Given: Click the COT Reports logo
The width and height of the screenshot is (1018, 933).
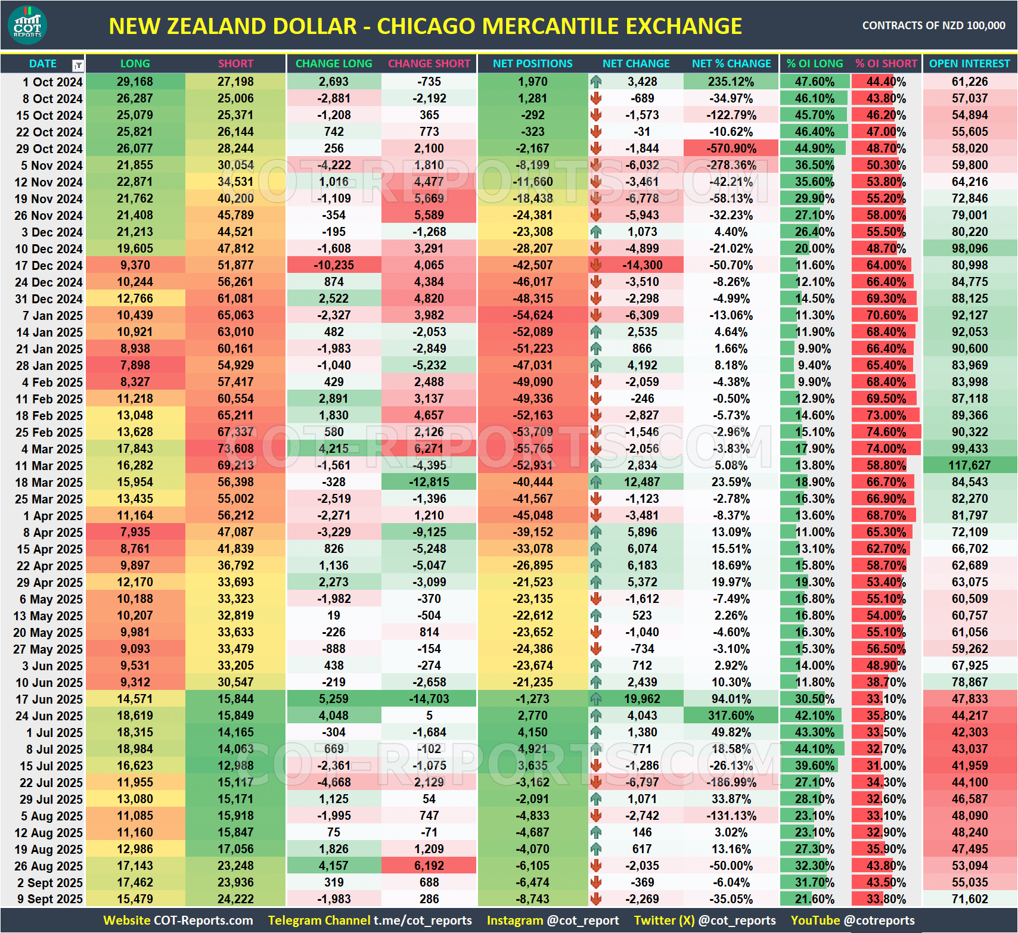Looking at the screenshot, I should pos(27,25).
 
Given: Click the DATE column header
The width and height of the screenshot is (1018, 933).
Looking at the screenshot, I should pos(43,64).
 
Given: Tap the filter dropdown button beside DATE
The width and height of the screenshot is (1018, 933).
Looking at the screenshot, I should pos(78,65).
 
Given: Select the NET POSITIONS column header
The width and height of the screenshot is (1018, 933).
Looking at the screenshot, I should pos(532,64).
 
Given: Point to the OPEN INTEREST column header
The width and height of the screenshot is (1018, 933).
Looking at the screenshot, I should pos(969,64).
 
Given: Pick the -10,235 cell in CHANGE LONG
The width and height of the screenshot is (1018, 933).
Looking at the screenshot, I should pos(334,265).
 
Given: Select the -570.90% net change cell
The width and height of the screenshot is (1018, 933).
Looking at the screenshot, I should pos(731,148).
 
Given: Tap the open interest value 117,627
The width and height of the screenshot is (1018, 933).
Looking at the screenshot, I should pos(969,465).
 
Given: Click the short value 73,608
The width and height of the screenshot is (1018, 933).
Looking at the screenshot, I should pos(235,449).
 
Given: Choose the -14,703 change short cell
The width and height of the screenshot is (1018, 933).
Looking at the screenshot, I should pos(429,699).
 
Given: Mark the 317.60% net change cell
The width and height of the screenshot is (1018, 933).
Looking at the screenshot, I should pos(731,716).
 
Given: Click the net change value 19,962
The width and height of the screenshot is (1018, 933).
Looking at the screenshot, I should pos(642,699).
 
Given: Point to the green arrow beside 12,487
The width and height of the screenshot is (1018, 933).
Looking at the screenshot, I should pos(596,482).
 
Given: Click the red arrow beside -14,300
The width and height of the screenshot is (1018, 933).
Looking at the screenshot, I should pos(596,265).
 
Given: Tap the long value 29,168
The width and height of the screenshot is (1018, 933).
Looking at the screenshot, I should pos(135,82).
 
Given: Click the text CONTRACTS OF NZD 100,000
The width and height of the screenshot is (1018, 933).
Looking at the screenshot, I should pos(933,26).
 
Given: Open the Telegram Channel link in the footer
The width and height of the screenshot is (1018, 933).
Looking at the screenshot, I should pos(370,920).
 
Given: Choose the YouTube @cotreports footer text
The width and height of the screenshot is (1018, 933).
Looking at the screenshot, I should pos(852,920).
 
